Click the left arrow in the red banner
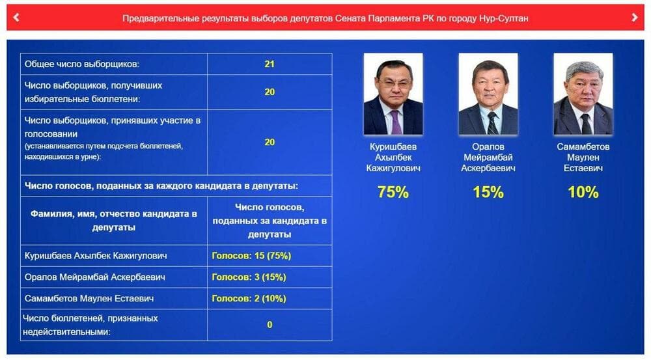click(16, 18)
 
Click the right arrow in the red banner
click(634, 18)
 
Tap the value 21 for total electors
click(270, 64)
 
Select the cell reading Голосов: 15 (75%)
click(251, 256)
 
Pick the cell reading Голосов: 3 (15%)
click(249, 277)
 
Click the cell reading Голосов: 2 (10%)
click(249, 299)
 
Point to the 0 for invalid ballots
click(270, 325)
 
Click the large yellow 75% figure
click(393, 192)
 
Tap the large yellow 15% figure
click(488, 192)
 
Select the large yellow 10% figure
click(583, 192)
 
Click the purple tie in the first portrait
click(396, 122)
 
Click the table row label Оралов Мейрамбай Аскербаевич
click(94, 277)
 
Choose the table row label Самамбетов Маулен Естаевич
click(89, 299)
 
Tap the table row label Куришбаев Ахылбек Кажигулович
click(96, 256)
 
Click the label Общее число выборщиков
click(82, 64)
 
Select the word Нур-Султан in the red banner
click(503, 18)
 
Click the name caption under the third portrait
click(583, 158)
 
